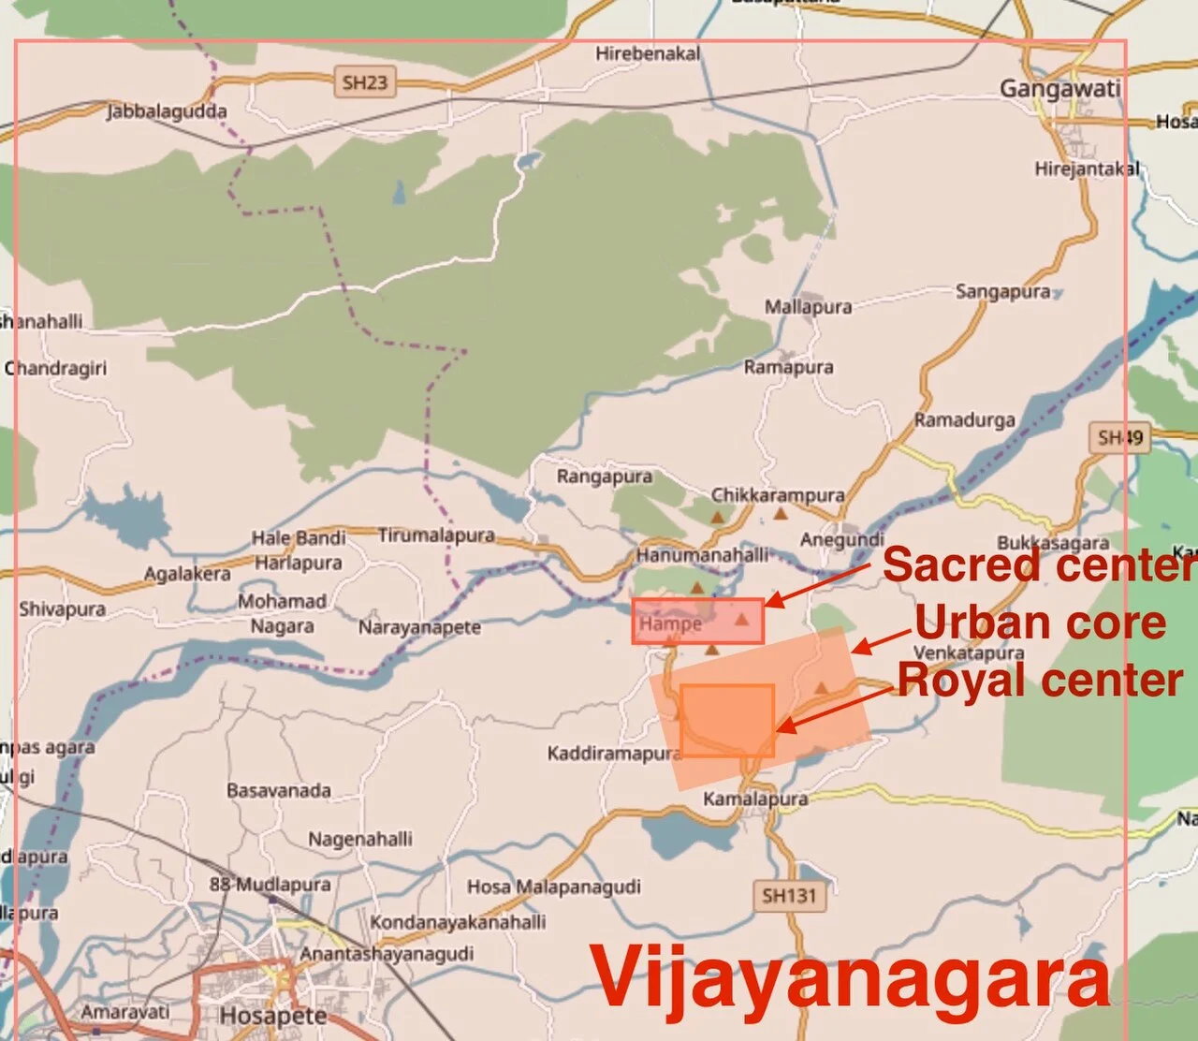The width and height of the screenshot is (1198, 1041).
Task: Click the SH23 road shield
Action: tap(364, 82)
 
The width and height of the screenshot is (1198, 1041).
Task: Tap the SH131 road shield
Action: tap(789, 896)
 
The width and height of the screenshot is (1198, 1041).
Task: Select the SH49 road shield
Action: tap(1120, 437)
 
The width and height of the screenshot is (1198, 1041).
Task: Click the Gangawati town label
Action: tap(1059, 90)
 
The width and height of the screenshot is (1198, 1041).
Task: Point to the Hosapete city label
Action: tap(273, 1016)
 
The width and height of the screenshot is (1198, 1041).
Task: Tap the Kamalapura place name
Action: tap(755, 799)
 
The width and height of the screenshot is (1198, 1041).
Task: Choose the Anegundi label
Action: tap(841, 540)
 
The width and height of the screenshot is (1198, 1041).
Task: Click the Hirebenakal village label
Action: tap(648, 54)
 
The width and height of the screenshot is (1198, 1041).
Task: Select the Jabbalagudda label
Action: tap(167, 112)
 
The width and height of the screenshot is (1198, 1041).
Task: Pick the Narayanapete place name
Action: tap(419, 627)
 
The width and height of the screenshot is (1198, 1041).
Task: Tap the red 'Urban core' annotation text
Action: tap(1041, 623)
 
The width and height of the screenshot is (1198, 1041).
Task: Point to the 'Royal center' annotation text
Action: tap(1041, 681)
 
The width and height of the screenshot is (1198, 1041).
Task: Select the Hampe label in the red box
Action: tap(670, 623)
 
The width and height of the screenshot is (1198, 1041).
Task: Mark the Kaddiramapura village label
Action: tap(613, 754)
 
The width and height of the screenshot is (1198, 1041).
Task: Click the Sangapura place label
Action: tap(1002, 292)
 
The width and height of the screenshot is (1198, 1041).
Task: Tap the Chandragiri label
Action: tap(56, 369)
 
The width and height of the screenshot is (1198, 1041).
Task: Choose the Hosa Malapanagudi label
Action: tap(554, 887)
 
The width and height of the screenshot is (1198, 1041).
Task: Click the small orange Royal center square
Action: tap(727, 720)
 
